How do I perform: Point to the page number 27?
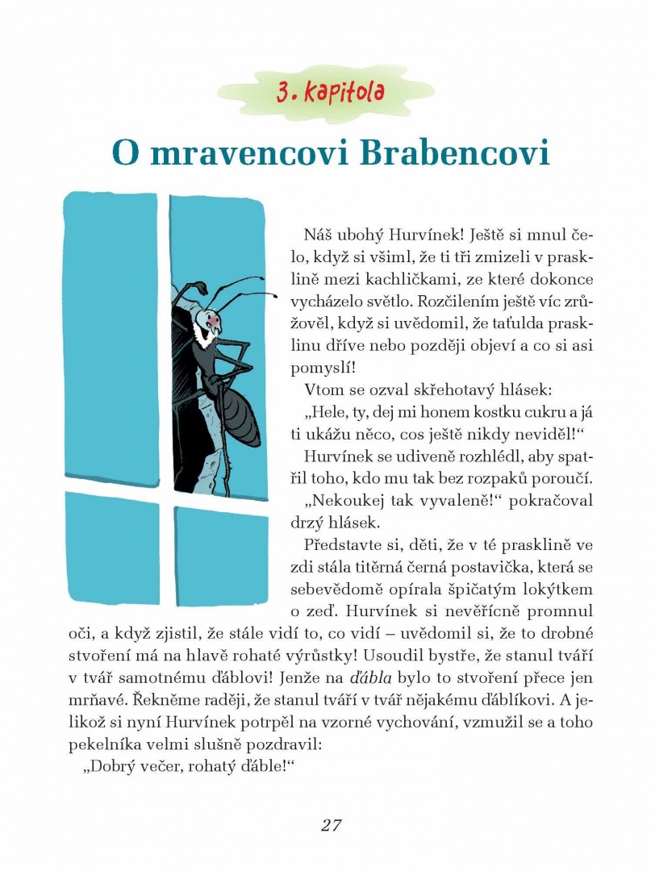coord(332,825)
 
